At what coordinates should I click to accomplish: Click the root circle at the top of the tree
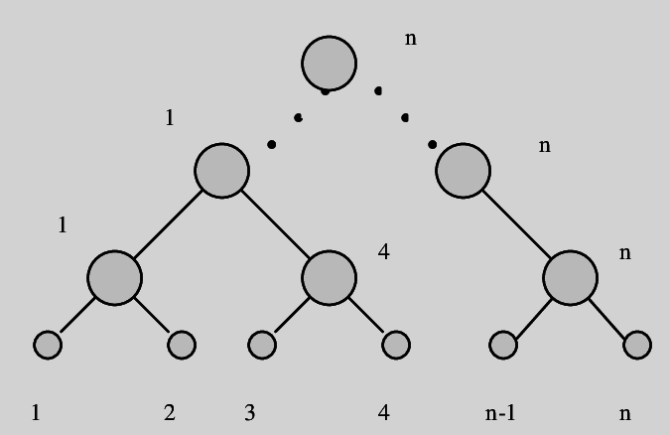click(x=329, y=63)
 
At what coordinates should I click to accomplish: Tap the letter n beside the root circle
click(x=411, y=39)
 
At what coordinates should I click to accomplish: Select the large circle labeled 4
click(x=329, y=276)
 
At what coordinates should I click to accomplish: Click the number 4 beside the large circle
click(x=383, y=252)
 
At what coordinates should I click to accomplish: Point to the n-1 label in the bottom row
click(x=500, y=412)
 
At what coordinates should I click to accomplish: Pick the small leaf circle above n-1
click(x=504, y=345)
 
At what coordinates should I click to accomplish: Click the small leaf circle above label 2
click(x=182, y=345)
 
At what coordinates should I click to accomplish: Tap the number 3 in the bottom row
click(x=249, y=412)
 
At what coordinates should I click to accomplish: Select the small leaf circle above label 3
click(x=261, y=345)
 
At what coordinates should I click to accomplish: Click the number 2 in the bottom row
click(x=170, y=412)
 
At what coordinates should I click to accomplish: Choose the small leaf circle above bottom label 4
click(x=395, y=345)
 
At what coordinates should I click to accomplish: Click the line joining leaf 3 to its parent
click(x=288, y=317)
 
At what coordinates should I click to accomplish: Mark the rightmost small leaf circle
click(x=637, y=345)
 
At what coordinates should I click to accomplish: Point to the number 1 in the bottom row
click(x=36, y=412)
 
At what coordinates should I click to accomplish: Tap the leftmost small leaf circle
click(x=48, y=345)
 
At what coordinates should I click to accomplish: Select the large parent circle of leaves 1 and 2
click(x=114, y=276)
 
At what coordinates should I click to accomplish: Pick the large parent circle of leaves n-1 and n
click(x=571, y=276)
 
